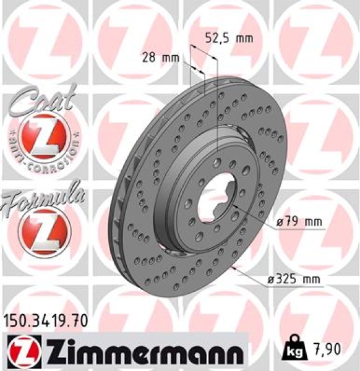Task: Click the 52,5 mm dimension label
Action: click(228, 38)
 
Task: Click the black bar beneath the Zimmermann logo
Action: click(124, 367)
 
